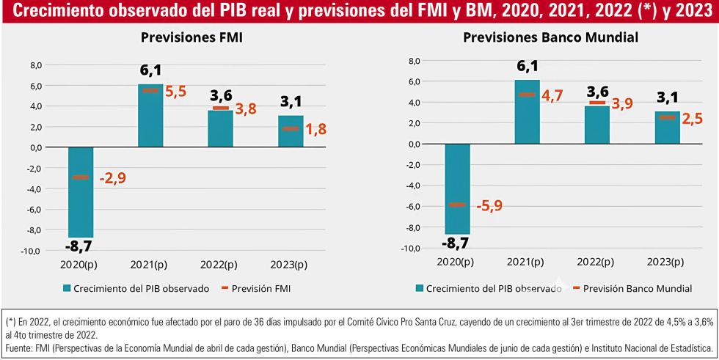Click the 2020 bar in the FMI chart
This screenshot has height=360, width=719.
click(81, 192)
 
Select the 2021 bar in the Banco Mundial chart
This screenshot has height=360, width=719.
click(527, 111)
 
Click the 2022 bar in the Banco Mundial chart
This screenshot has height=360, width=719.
click(597, 125)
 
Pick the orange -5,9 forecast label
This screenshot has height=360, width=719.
click(489, 206)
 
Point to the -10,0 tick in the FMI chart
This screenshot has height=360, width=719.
click(32, 251)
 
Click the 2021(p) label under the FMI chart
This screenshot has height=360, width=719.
click(151, 264)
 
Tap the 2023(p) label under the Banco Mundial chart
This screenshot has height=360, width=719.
click(667, 262)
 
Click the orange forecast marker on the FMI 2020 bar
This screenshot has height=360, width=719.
click(81, 177)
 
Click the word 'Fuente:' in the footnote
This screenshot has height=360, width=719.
click(21, 348)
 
